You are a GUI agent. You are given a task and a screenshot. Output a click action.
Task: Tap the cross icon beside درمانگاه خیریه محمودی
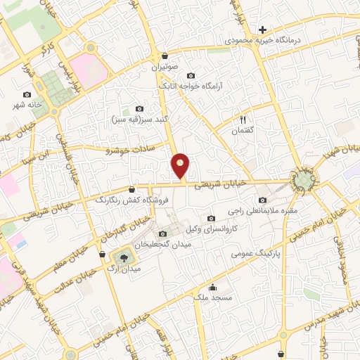tap(262, 30)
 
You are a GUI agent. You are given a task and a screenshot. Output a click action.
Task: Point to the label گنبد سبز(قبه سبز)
tap(133, 120)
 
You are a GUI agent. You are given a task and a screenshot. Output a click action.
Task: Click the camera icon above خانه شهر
tap(27, 94)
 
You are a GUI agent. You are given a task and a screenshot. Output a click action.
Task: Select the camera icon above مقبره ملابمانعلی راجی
tap(263, 200)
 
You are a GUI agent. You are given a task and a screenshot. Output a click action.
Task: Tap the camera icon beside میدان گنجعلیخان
tap(163, 233)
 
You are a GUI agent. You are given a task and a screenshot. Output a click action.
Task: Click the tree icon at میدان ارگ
tap(124, 257)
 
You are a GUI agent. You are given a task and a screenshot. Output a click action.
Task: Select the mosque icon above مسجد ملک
tap(213, 286)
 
